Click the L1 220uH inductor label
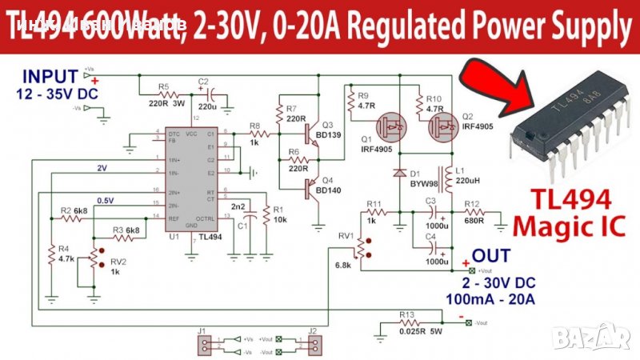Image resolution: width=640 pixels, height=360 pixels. (463, 176)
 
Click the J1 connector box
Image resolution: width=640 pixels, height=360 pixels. (206, 344)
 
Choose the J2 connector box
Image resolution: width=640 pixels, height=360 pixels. (314, 344)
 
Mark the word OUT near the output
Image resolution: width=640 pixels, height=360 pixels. (489, 257)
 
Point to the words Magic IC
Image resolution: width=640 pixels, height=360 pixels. (567, 226)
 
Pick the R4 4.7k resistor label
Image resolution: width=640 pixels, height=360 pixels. (66, 254)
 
